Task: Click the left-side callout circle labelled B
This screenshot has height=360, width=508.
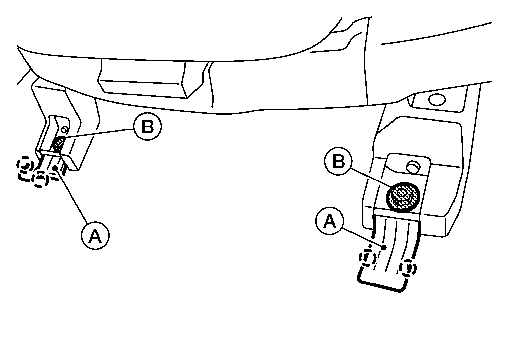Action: click(148, 127)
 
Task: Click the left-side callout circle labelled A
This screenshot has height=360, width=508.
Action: click(95, 235)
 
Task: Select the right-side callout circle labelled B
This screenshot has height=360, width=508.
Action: click(338, 161)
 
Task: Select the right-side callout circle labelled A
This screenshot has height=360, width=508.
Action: click(330, 221)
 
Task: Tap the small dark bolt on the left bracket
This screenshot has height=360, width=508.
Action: click(59, 144)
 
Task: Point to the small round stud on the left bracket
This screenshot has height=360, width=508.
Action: click(65, 130)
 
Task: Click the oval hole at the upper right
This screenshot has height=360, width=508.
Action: click(437, 100)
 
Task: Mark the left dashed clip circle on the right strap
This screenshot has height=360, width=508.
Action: click(367, 258)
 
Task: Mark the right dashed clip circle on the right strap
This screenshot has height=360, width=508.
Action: click(408, 268)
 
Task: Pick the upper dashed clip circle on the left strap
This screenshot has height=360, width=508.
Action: click(25, 165)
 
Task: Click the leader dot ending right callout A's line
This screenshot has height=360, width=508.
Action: click(384, 247)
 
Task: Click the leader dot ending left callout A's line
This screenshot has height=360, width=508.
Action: click(55, 168)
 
